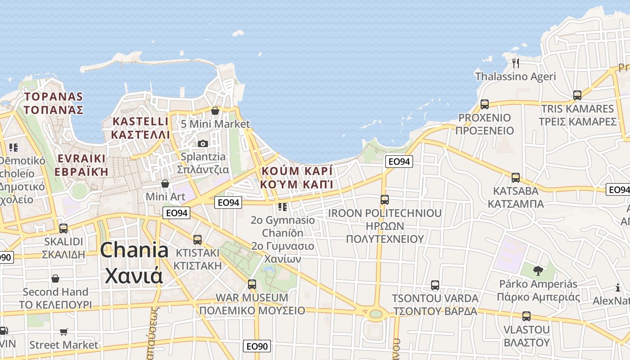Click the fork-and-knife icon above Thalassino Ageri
coord(516,63)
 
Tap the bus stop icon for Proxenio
coord(485,104)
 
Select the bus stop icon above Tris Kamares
coord(577,95)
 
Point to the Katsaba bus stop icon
coord(516,177)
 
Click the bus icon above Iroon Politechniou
coord(384,199)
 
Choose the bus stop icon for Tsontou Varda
coord(435,285)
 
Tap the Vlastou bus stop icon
coord(526,316)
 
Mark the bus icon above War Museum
coord(252,284)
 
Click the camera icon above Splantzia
coord(203,144)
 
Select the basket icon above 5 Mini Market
coord(215,110)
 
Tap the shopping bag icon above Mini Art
coord(165,184)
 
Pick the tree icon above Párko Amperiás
coord(538,270)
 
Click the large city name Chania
coord(134,250)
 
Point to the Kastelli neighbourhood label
coord(140,121)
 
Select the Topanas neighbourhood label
coord(54,97)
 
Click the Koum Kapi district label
coord(297,171)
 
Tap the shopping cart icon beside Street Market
coord(64,332)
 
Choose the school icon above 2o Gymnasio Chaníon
coord(282,207)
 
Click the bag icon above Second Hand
coord(55,279)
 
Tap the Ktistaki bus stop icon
coord(198,239)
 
